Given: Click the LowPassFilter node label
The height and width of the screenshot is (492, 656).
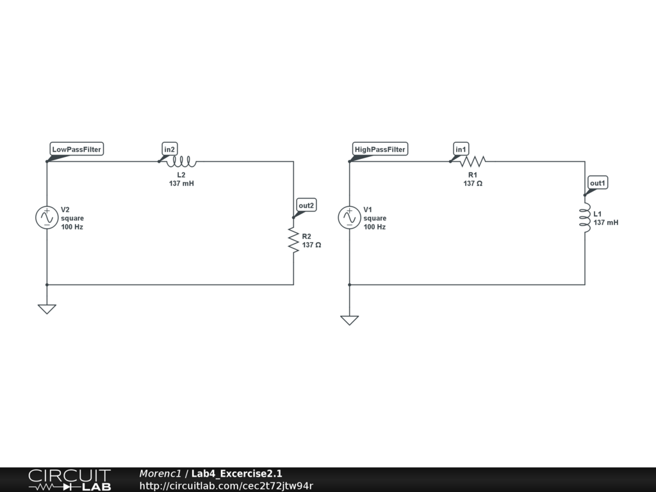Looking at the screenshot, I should [76, 149].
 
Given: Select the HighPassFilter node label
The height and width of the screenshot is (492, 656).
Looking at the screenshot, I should [380, 149].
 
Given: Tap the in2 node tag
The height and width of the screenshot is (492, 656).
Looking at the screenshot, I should [169, 149].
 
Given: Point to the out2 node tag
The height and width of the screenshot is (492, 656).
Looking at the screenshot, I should [306, 206].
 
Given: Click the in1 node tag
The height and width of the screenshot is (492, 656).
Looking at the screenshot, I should [461, 149].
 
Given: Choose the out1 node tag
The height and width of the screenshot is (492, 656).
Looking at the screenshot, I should [598, 183].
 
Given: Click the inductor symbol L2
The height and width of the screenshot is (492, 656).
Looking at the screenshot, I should [181, 161].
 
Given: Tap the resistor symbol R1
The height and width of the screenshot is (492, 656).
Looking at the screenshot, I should [473, 161].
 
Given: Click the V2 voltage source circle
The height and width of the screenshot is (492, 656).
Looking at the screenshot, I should [47, 218].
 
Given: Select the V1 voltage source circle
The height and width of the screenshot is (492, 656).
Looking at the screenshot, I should [349, 218].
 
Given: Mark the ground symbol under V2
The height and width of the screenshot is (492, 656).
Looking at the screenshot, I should [47, 309].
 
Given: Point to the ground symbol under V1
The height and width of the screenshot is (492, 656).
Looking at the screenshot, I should [349, 320].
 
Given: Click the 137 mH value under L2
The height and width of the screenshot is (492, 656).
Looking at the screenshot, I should [181, 184].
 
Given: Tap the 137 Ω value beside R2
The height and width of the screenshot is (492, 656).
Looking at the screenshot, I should [311, 245].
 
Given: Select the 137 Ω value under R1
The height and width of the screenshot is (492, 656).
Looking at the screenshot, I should [473, 184].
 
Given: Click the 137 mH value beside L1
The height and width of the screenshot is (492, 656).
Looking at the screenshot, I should [606, 223].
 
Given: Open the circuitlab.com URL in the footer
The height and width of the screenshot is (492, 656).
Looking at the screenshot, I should [226, 486].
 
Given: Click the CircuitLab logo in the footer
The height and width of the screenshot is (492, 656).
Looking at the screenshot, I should [69, 480].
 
